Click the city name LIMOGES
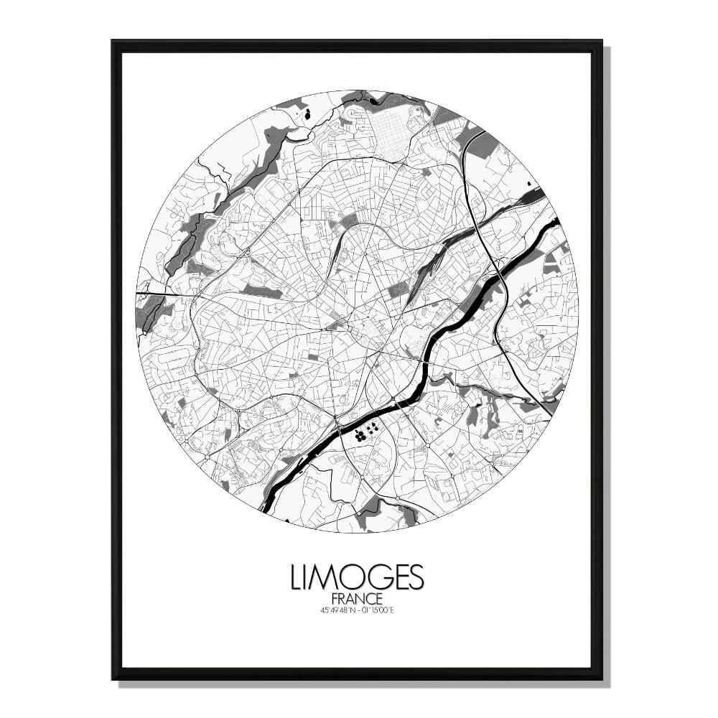357,577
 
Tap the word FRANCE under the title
357,599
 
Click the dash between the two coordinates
357,610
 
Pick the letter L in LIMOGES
297,577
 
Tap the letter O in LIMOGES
352,577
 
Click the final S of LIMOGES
416,577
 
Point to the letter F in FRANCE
335,599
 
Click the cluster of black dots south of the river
365,431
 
